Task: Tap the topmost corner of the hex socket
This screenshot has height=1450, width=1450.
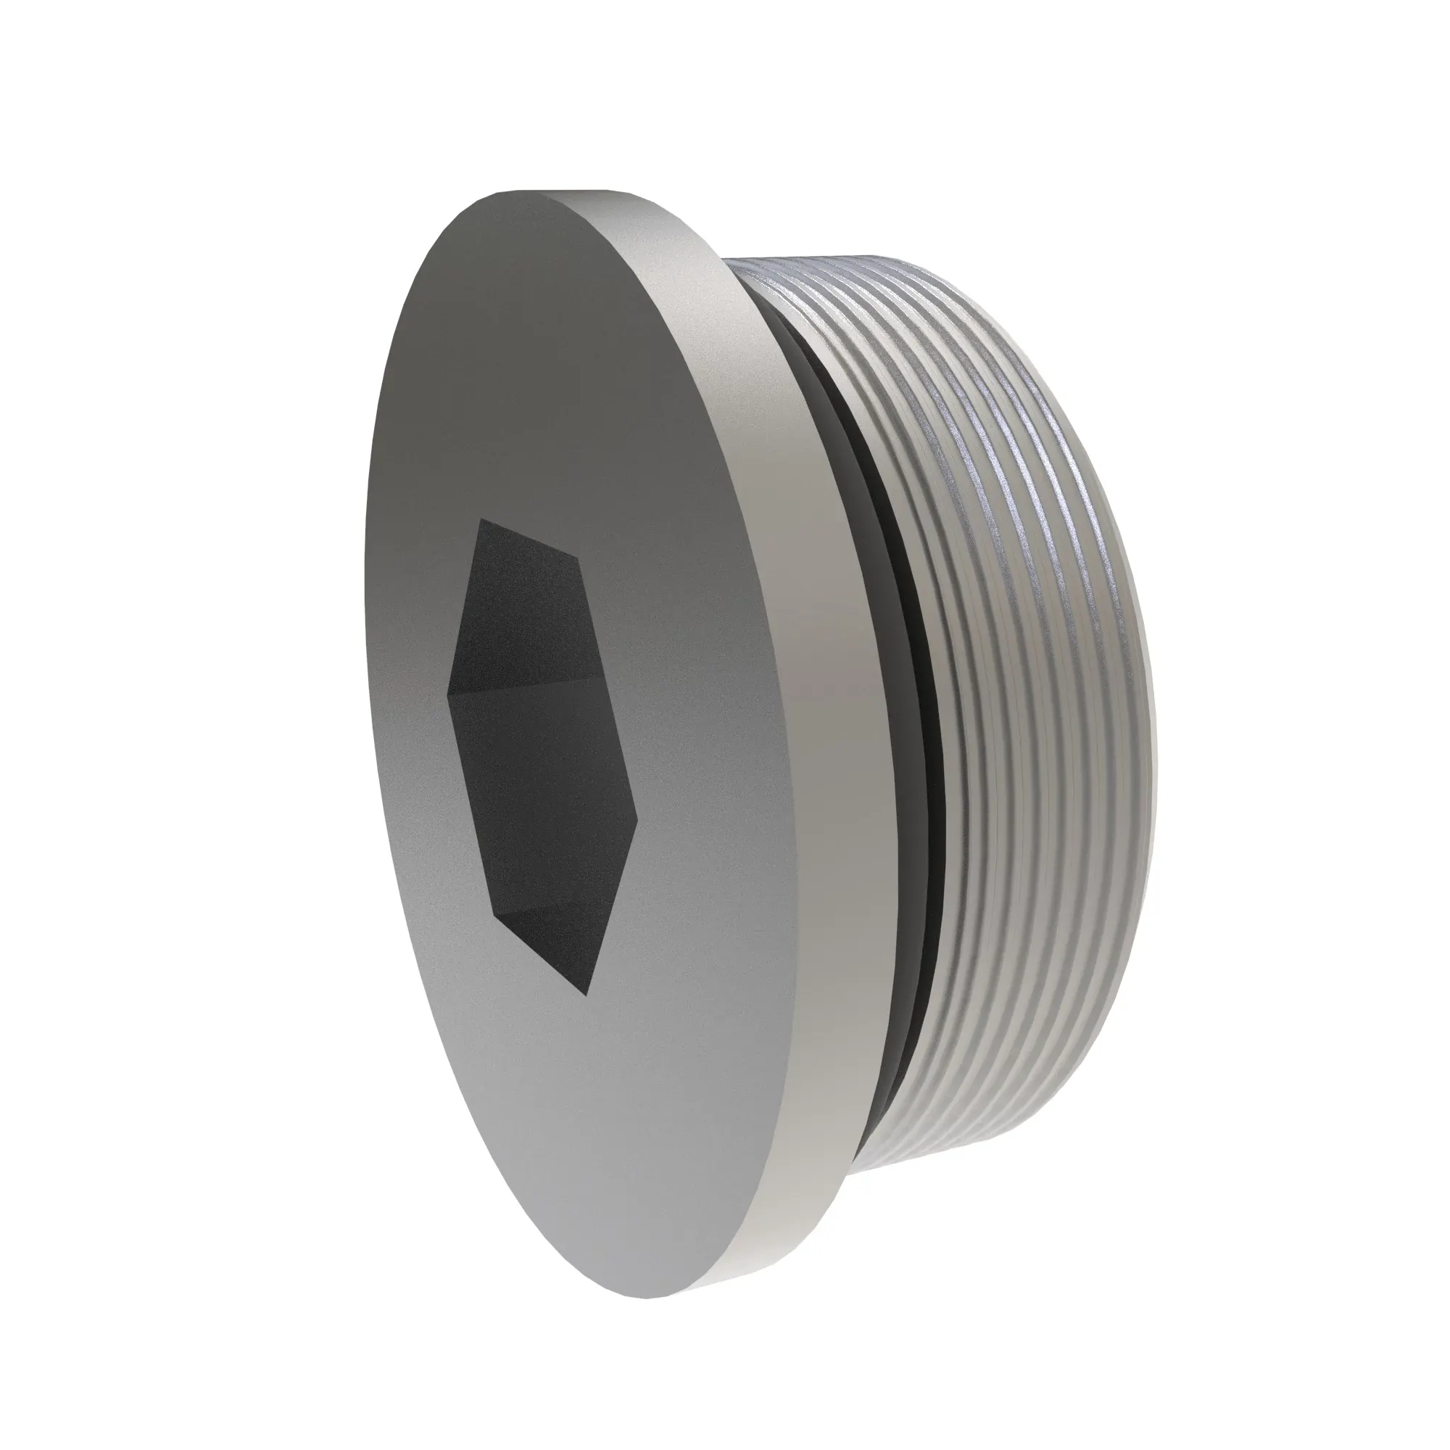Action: [481, 519]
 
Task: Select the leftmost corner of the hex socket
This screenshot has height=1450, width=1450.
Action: [447, 692]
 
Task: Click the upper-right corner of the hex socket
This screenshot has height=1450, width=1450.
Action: [577, 557]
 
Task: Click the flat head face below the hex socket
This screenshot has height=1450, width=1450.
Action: [600, 1126]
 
